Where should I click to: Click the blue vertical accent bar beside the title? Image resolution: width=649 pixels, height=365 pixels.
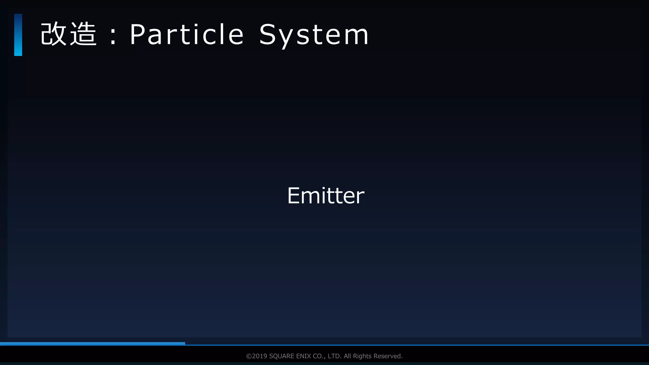pos(18,35)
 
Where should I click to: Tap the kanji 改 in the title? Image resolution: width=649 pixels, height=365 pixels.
pos(54,34)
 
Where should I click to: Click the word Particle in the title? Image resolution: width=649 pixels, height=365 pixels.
pos(187,34)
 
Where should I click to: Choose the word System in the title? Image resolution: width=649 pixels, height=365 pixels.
pos(314,35)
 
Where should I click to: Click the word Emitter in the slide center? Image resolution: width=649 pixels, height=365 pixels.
pos(326,195)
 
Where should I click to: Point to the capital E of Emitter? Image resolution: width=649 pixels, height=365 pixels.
pos(293,195)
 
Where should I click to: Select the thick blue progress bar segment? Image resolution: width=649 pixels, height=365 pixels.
pos(93,343)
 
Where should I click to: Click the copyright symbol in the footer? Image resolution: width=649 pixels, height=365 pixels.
pos(249,356)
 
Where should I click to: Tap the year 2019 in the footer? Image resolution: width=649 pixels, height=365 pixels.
pos(260,356)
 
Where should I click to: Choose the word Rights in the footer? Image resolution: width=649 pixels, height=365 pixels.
pos(362,356)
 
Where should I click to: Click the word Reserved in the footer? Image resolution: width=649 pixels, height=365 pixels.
pos(388,356)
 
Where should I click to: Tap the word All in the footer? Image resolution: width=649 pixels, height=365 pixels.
pos(348,356)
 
